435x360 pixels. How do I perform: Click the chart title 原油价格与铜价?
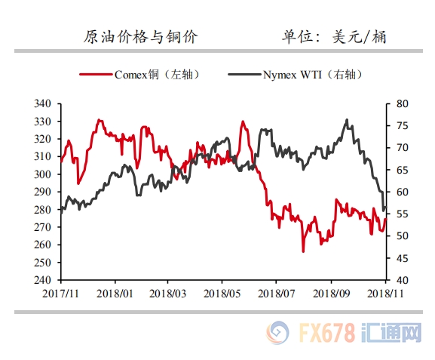(x=141, y=37)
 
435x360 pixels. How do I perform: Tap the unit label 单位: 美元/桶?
(x=334, y=37)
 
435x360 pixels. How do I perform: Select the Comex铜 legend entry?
(x=139, y=75)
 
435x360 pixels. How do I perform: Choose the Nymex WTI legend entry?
(x=296, y=75)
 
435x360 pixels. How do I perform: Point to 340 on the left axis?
(x=42, y=103)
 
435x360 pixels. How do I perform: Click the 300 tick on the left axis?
(x=42, y=174)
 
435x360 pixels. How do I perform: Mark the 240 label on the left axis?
(x=42, y=280)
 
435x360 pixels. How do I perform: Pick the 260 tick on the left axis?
(x=42, y=245)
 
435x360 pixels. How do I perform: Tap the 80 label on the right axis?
(x=403, y=103)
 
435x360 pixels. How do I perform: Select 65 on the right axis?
(x=403, y=170)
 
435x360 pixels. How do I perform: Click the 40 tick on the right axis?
(x=403, y=280)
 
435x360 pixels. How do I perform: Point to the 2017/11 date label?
(x=60, y=294)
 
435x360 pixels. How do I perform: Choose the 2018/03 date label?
(x=167, y=294)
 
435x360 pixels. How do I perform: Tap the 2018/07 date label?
(x=276, y=294)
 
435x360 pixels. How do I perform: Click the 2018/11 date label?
(x=385, y=294)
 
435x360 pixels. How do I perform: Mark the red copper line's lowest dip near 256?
(x=303, y=251)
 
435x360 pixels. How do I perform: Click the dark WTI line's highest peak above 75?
(x=347, y=120)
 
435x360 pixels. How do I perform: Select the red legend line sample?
(x=96, y=75)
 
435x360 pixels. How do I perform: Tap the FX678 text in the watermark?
(x=326, y=333)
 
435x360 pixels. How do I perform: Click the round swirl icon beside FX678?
(x=277, y=333)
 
